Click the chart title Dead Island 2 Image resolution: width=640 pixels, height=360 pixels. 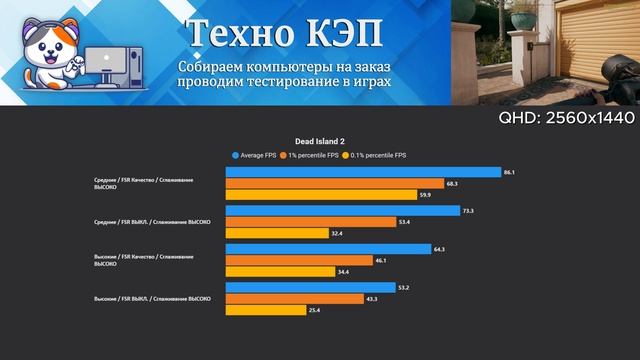pos(320,141)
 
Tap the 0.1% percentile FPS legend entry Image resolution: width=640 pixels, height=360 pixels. pos(376,155)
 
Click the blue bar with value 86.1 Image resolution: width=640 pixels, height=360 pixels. pos(363,172)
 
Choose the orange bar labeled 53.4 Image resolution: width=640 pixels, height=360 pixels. pos(310,222)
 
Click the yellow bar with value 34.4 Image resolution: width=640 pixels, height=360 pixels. pos(280,271)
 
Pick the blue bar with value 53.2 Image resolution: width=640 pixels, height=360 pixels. pos(310,287)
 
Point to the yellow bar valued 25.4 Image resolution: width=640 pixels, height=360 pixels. pos(266,310)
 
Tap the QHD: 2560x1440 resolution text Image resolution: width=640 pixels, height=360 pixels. pos(567,118)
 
